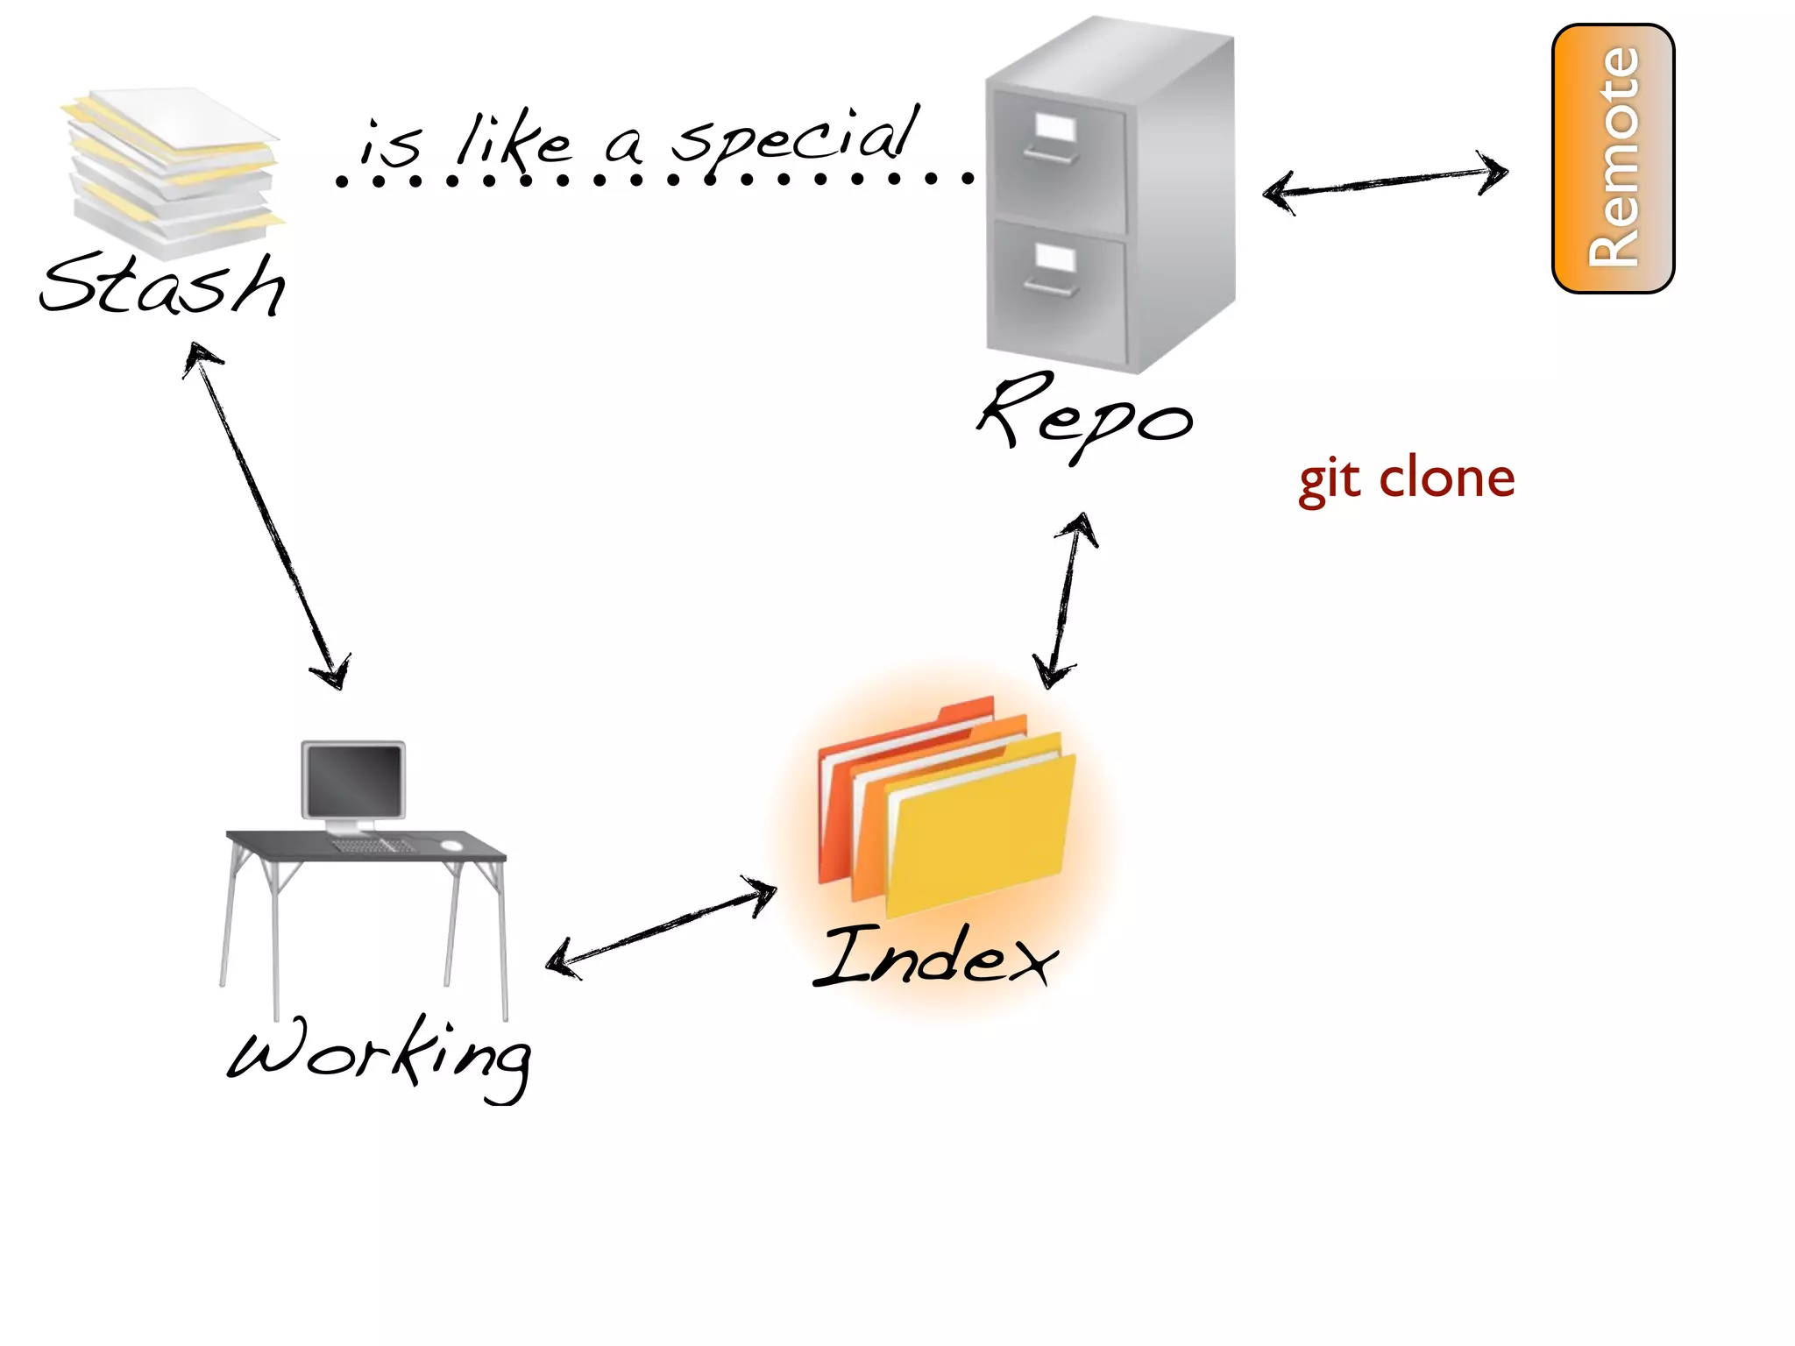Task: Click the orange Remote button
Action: (1613, 158)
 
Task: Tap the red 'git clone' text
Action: (1406, 479)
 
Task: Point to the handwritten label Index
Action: (935, 957)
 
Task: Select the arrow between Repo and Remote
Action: (1385, 181)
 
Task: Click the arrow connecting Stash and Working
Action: (267, 517)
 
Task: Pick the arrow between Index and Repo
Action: (1065, 600)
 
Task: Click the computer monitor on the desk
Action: (353, 780)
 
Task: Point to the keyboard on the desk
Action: (372, 846)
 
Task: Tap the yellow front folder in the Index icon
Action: (977, 841)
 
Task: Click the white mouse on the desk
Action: (451, 845)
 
